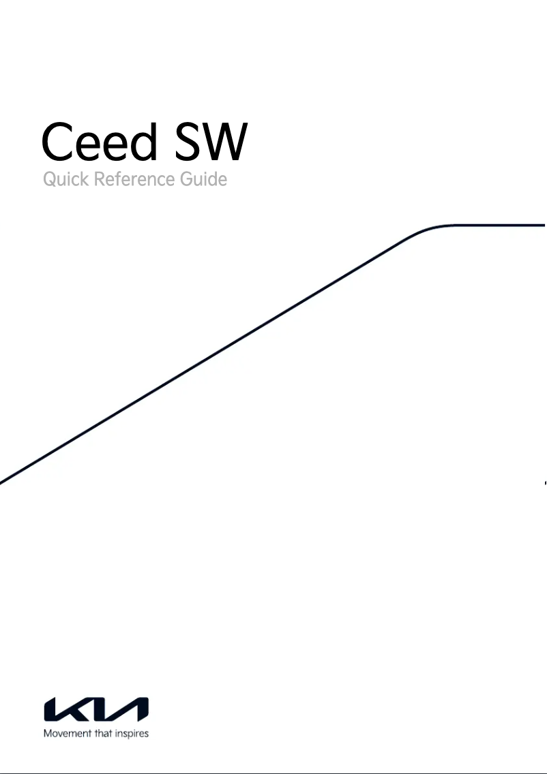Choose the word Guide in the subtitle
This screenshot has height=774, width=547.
click(x=205, y=181)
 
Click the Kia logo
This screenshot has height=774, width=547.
click(x=96, y=709)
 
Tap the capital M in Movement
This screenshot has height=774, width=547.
click(x=47, y=734)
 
